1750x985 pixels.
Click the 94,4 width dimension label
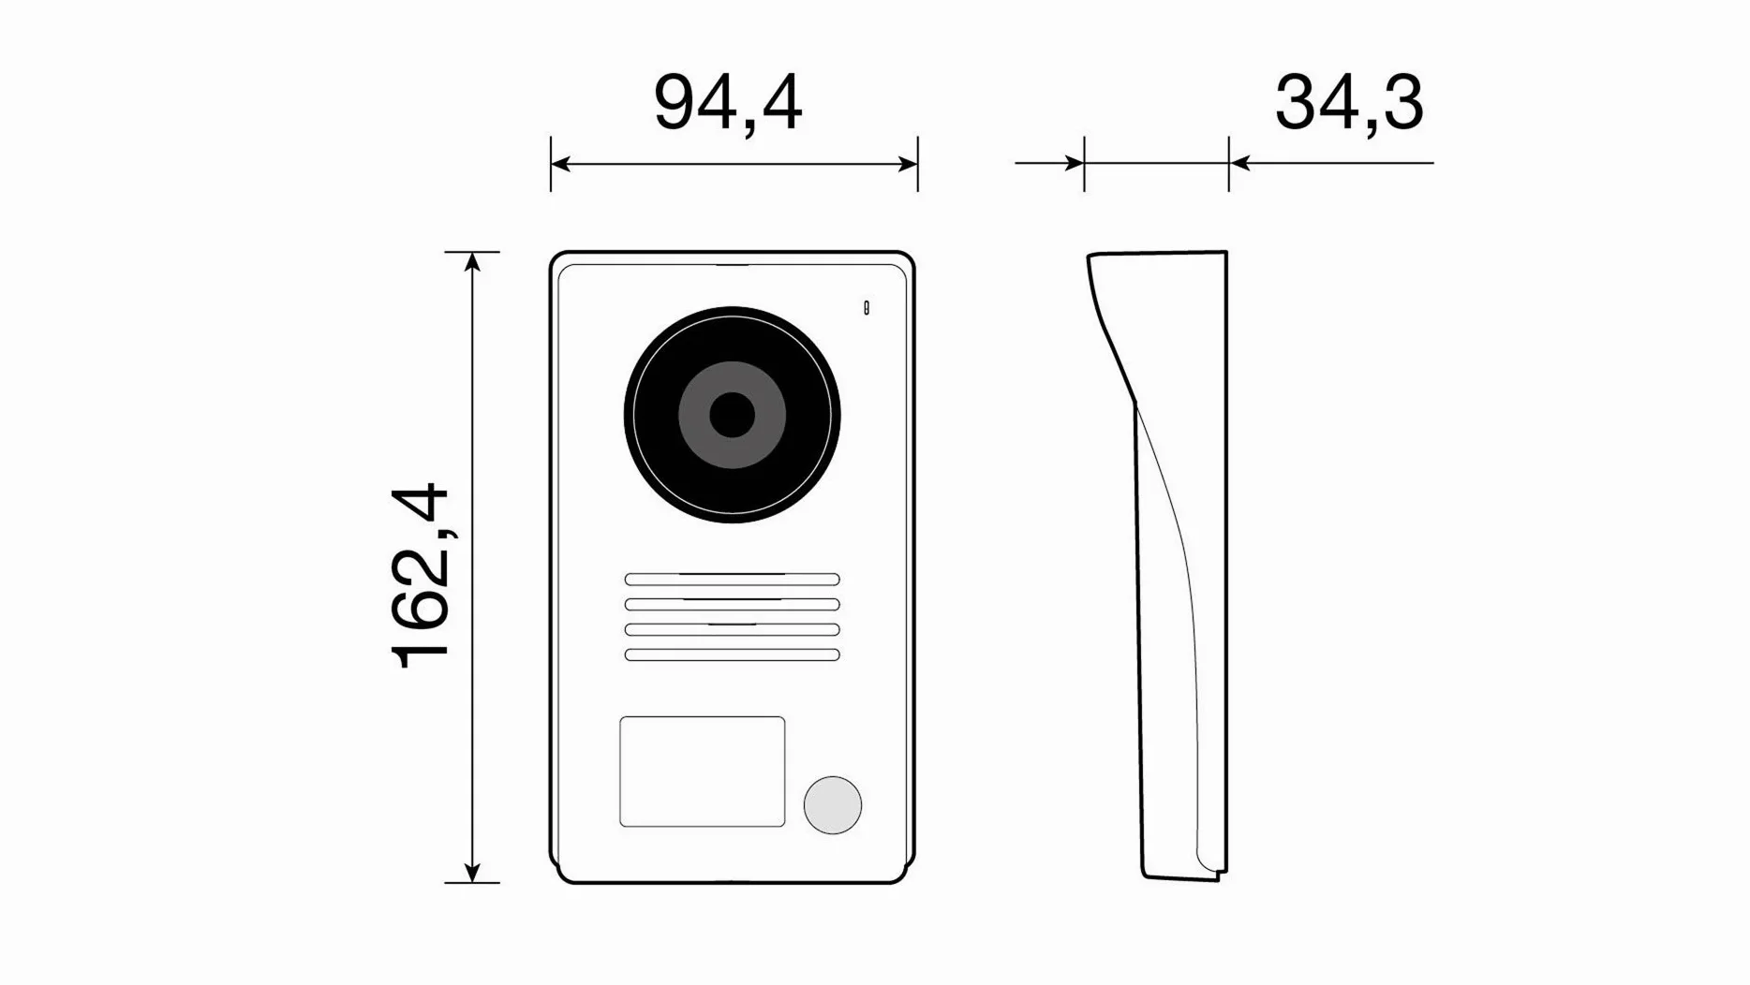point(728,103)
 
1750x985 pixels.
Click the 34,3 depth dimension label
point(1349,103)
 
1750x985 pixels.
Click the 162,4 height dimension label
point(420,576)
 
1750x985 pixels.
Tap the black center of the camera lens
point(732,415)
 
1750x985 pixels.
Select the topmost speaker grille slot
point(732,580)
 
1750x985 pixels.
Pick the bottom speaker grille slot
point(732,655)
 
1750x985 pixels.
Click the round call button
point(832,805)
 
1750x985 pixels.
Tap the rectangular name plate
point(703,772)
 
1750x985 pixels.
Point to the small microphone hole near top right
point(867,308)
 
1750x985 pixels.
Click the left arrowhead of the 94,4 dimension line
point(560,164)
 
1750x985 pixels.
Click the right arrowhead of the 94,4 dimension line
point(908,164)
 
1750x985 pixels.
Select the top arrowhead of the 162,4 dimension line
point(472,261)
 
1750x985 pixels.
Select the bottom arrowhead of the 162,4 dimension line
point(472,872)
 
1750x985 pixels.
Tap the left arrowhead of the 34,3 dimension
point(1075,163)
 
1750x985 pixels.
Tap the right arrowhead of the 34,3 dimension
point(1239,163)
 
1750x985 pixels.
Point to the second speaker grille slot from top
point(732,605)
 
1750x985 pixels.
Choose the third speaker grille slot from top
point(732,630)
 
